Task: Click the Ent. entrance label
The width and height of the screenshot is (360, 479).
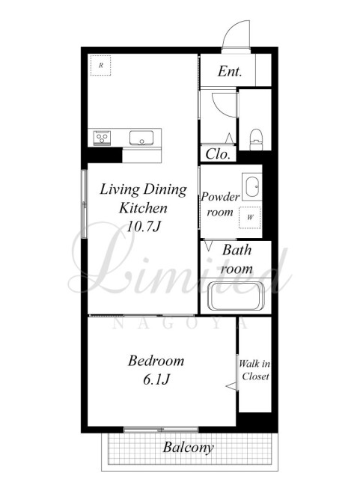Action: [x=230, y=72]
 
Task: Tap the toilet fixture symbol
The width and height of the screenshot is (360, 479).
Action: [x=256, y=140]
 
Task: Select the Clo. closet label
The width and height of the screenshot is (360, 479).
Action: [x=218, y=154]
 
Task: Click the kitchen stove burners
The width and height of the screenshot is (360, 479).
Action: [x=102, y=138]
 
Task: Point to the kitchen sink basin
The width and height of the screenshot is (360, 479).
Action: [x=141, y=138]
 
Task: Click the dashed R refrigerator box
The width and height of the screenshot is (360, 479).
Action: [x=101, y=65]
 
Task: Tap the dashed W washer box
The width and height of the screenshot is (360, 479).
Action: [x=250, y=218]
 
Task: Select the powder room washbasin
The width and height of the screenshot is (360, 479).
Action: [x=252, y=186]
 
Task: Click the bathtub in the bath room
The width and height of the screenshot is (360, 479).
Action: [x=236, y=296]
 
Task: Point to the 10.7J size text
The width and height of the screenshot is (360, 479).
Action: [x=144, y=227]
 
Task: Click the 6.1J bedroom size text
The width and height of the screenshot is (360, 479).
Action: [x=156, y=379]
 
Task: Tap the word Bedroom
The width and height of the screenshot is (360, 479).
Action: [x=156, y=361]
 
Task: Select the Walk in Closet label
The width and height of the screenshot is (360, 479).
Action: [x=254, y=370]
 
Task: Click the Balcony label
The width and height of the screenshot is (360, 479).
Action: [x=188, y=448]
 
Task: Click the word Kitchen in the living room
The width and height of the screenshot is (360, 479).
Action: [x=144, y=208]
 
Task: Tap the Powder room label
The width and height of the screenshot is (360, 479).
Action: [x=220, y=204]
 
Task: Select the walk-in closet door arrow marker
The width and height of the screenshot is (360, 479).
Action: [x=232, y=386]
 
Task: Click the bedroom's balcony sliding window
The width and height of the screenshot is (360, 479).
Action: [x=161, y=430]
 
